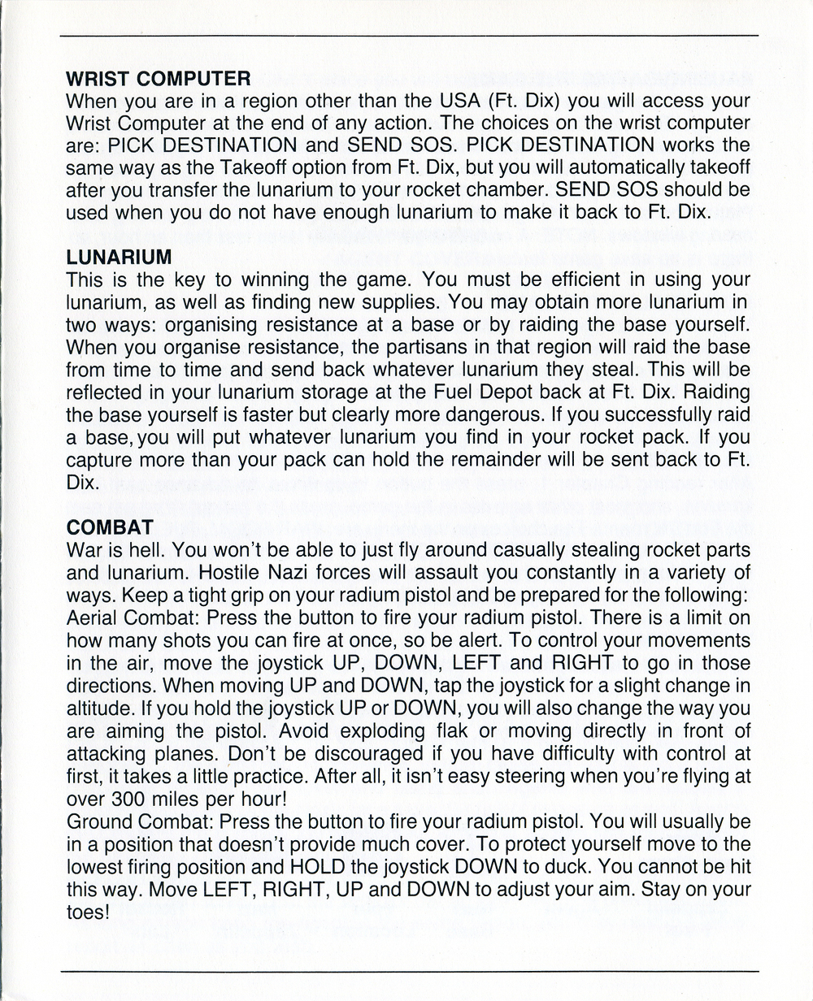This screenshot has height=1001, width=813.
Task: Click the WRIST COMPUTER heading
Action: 158,80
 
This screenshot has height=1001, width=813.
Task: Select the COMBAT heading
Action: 102,528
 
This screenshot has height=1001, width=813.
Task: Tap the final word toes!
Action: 87,911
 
